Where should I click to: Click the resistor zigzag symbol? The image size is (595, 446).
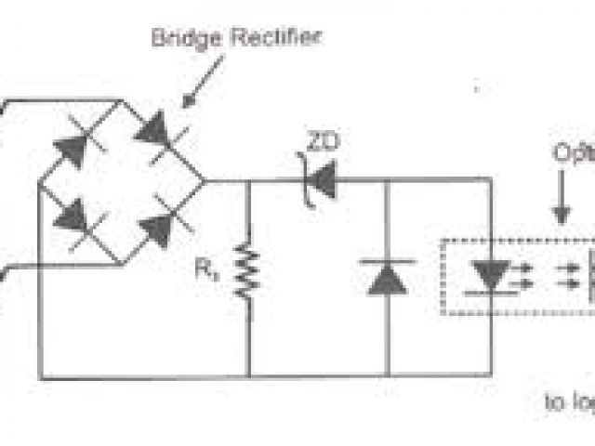(247, 270)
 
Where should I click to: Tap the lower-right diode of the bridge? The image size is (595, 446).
(160, 229)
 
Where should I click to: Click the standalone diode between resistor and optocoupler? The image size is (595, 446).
(386, 277)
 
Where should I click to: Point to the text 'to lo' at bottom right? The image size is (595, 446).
(567, 401)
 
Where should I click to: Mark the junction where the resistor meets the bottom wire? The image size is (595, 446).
(248, 376)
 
